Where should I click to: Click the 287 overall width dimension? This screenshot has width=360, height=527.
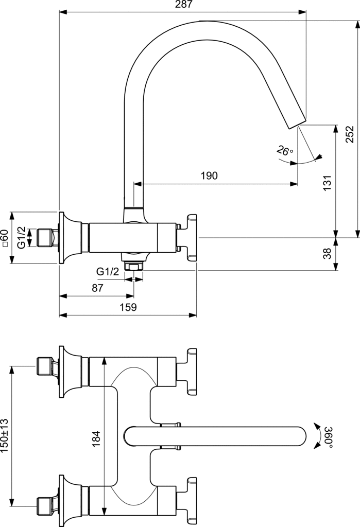coord(183,5)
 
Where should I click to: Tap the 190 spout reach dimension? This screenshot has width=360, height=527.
coord(209,175)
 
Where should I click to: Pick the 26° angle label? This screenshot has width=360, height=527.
coord(284,151)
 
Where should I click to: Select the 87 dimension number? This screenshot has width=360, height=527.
coord(97,288)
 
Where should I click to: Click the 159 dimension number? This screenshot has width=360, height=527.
coord(128,307)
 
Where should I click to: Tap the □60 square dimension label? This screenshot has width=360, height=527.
coord(5,238)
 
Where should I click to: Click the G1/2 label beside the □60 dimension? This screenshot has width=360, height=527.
coord(21,238)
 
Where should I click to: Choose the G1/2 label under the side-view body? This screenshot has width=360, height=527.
coord(108,271)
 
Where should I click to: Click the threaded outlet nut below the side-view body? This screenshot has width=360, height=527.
coord(134,266)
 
